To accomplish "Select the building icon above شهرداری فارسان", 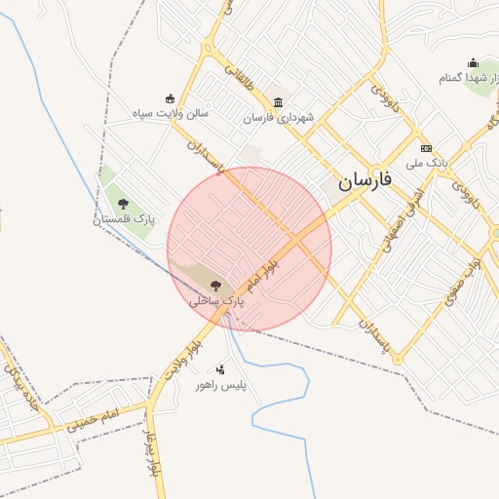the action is coord(279,102).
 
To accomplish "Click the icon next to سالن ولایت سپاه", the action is coord(171,97).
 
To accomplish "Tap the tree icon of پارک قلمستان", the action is coord(123,204).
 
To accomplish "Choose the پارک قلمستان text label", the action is coord(124,219).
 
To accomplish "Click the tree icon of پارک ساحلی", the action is coord(215,286).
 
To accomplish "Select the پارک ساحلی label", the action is coord(216,302).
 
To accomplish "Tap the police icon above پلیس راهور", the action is coord(220,369).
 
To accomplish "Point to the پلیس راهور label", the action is coord(221,386).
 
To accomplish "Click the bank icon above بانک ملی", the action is coord(426,147).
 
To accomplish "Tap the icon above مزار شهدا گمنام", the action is coord(474,63).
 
